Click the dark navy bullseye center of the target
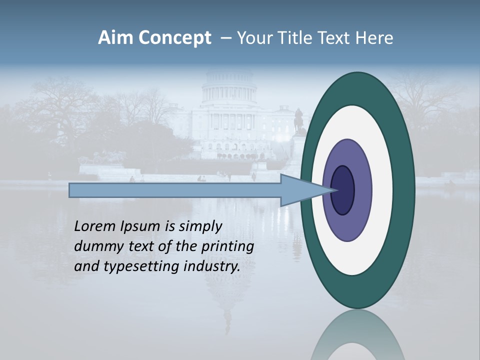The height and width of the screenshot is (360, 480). [x=343, y=190]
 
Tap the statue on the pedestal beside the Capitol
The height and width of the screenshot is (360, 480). [x=298, y=120]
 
